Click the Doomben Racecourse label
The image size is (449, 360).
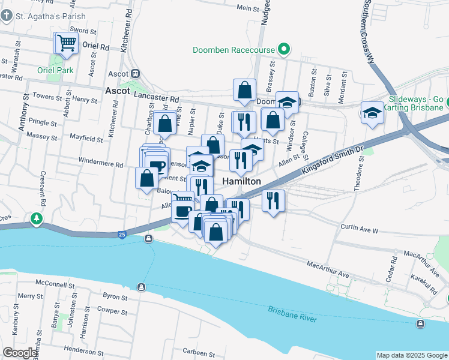(236, 50)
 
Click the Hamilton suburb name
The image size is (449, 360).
(242, 181)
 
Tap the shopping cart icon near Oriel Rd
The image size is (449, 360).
(67, 43)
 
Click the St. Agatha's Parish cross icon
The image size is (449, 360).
(6, 16)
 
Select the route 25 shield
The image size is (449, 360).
(122, 233)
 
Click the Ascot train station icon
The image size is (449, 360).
(136, 74)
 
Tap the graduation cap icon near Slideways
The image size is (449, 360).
(372, 112)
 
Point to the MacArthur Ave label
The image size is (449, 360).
(327, 270)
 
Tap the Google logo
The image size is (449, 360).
(20, 353)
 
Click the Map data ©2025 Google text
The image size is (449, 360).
(411, 355)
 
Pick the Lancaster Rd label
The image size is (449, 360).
(157, 98)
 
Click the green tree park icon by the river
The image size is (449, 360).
(37, 218)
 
